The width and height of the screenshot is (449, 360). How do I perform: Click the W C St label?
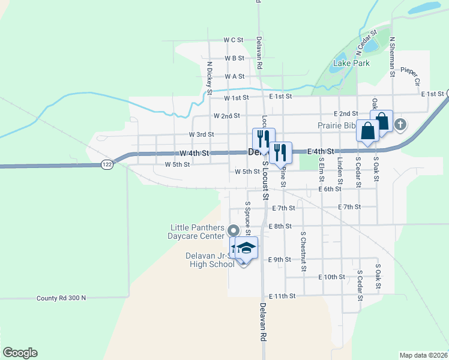click(x=233, y=40)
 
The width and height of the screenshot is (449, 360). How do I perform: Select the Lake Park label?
click(x=351, y=62)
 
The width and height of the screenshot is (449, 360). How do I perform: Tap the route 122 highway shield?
click(x=106, y=164)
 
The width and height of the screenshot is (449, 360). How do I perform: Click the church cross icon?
click(x=401, y=125)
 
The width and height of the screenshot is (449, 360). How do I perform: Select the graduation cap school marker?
click(x=246, y=248)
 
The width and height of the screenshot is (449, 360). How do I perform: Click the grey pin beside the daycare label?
click(x=234, y=230)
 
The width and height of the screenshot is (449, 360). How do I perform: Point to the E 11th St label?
click(x=283, y=296)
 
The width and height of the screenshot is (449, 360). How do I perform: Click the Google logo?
click(x=20, y=353)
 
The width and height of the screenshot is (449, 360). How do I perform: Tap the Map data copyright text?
click(x=423, y=355)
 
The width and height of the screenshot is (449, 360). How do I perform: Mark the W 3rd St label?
click(x=201, y=134)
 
